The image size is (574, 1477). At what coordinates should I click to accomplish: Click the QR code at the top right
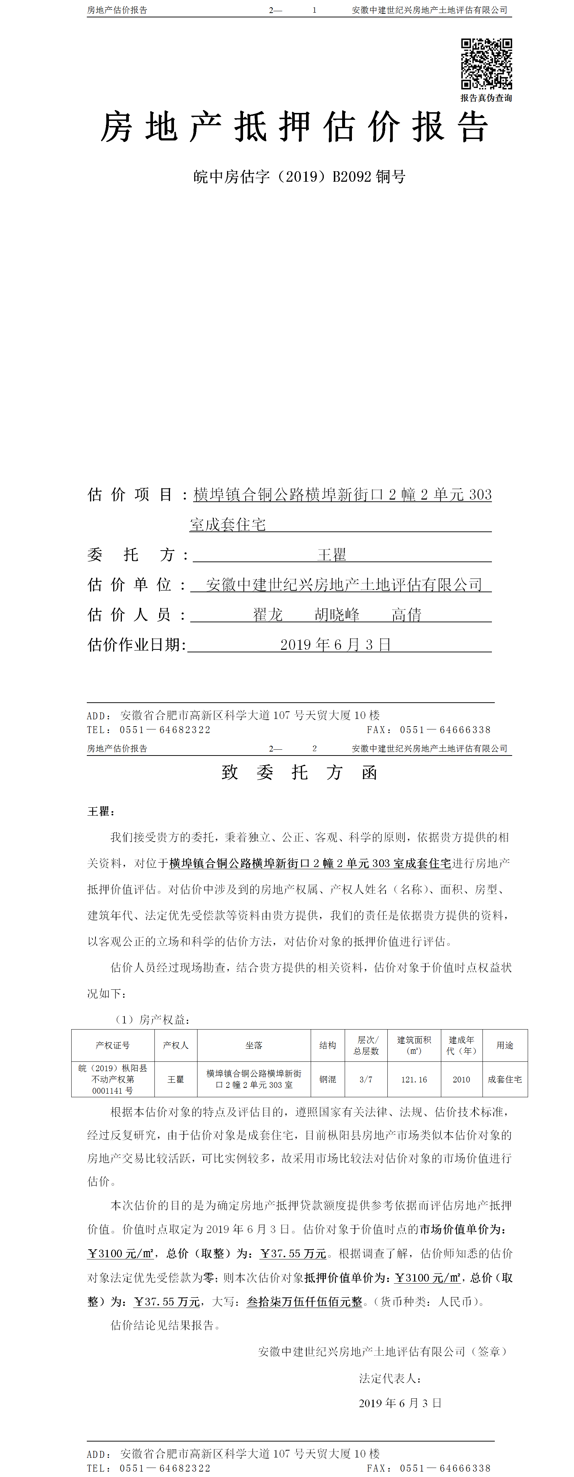point(486,64)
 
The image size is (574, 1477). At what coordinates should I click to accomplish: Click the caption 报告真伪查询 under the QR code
point(486,98)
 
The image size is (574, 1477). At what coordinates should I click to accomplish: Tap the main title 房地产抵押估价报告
point(294,127)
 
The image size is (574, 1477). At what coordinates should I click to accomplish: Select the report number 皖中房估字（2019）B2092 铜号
point(299,177)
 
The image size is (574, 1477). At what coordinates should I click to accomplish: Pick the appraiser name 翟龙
point(268,615)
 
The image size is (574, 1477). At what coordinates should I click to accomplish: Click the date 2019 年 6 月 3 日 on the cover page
point(335,644)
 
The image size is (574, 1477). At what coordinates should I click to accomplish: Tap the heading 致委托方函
point(299,772)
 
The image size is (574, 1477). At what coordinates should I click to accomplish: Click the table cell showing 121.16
point(414,1080)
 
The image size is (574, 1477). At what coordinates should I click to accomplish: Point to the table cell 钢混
point(328,1080)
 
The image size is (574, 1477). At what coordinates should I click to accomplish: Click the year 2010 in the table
point(461,1080)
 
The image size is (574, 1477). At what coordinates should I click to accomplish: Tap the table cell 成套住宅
point(505,1080)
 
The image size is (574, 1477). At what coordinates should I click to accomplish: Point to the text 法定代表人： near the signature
point(391,1379)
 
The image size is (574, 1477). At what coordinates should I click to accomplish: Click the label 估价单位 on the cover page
point(129,585)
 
